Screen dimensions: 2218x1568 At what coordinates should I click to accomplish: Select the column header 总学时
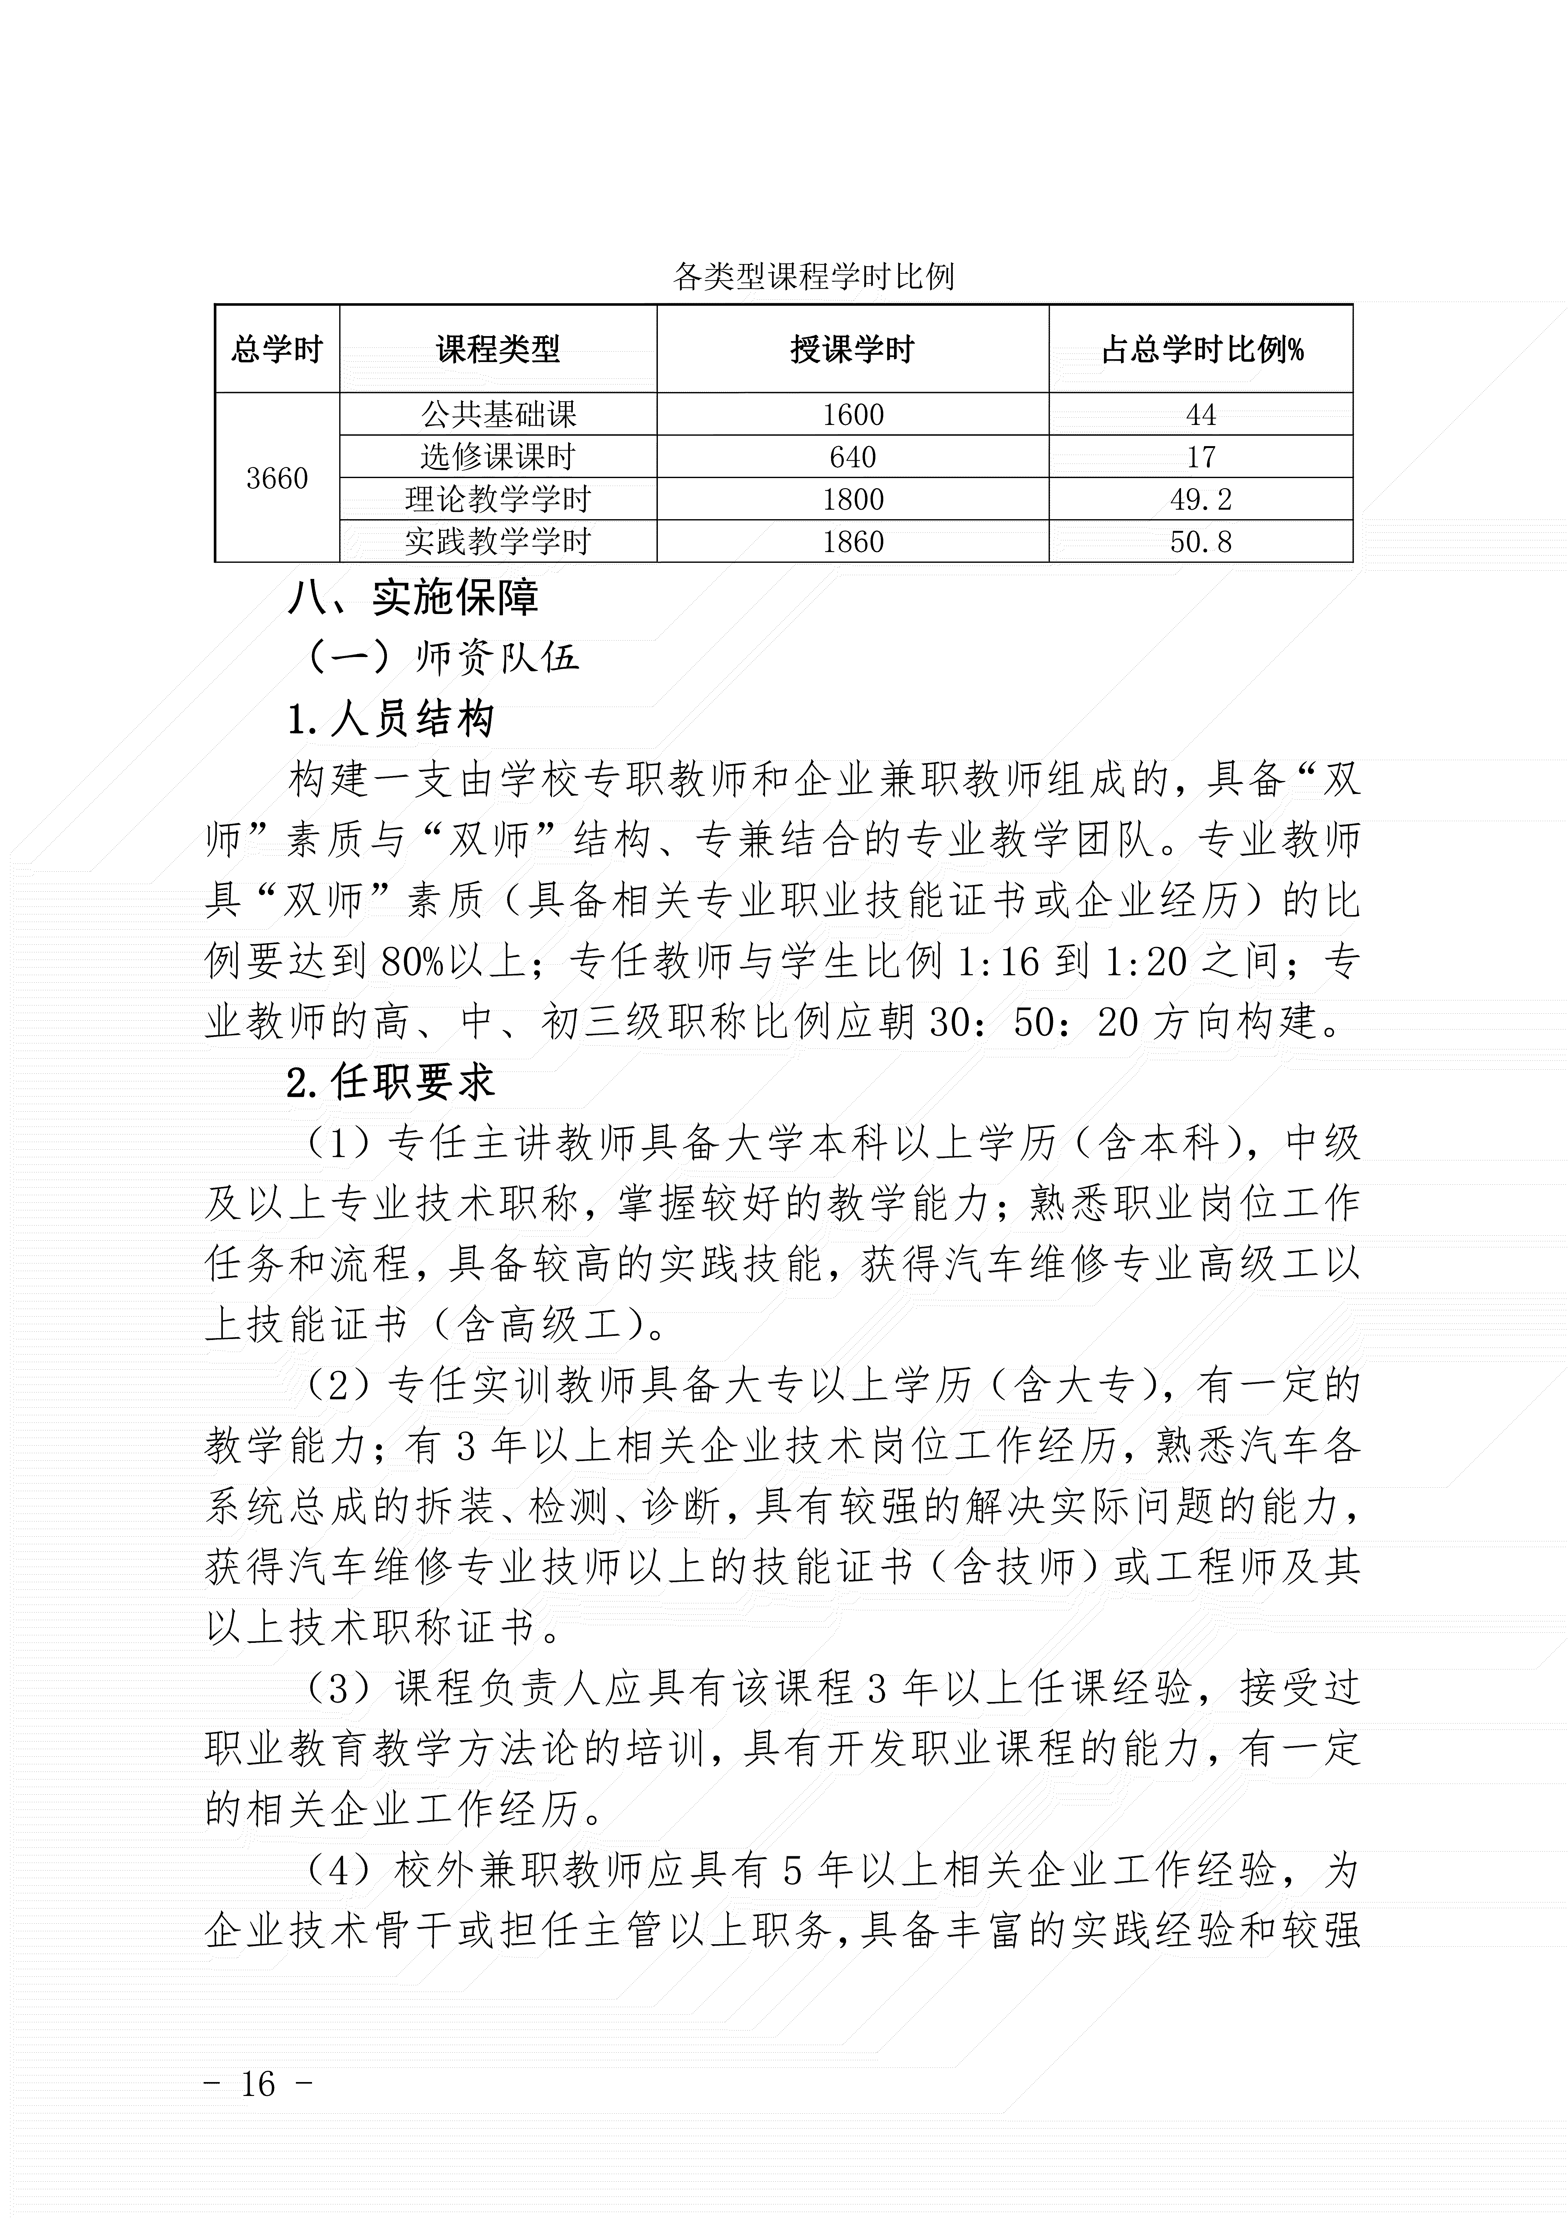click(276, 349)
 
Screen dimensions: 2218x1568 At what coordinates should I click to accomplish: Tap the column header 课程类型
click(498, 349)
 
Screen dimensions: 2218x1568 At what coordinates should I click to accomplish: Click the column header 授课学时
click(852, 349)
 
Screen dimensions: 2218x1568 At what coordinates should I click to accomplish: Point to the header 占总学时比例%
click(1201, 349)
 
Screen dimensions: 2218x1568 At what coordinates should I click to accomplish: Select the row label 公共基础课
click(498, 415)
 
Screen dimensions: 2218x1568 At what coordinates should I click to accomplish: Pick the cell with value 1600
click(852, 415)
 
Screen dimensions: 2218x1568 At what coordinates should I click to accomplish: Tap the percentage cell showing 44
click(1201, 415)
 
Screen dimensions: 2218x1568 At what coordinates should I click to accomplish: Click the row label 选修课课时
click(498, 457)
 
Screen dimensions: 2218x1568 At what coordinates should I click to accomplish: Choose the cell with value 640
click(852, 457)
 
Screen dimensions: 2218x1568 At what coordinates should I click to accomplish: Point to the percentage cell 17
click(1201, 457)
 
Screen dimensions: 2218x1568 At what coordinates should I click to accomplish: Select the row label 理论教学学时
click(498, 500)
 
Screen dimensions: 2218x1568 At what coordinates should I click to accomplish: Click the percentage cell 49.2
click(1201, 500)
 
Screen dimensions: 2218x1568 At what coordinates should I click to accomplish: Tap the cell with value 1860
click(852, 542)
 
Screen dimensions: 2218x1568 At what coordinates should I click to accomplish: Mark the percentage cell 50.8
click(1201, 542)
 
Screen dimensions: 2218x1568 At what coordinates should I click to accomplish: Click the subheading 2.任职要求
click(391, 1083)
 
